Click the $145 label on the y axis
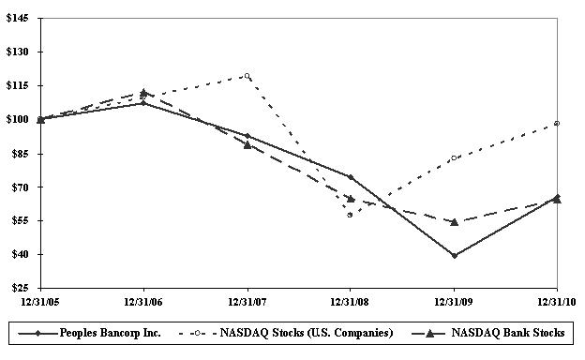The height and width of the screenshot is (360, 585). coord(17,18)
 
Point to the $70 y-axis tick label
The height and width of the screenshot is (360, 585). coord(20,187)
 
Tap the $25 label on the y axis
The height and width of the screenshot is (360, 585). coord(20,288)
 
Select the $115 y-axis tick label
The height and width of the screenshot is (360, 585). coord(17,86)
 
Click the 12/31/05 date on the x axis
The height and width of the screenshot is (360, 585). coord(40,302)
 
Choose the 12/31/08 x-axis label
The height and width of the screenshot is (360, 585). coord(350,302)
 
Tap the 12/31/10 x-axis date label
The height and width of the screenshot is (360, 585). coord(557,302)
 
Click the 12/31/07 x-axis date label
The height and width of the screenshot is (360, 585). coord(247,302)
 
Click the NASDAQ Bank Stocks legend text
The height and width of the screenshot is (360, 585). coord(508,333)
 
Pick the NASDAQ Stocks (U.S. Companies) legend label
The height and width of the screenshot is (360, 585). coord(307,333)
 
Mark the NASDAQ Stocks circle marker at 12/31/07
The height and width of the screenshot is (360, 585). coord(247,76)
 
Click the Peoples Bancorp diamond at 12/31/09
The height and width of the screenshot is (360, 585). coord(454,256)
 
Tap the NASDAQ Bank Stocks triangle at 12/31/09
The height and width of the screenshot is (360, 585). coord(454,222)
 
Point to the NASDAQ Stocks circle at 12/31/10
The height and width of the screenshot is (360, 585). coord(557,124)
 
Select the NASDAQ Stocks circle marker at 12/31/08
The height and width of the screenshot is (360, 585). coord(350,215)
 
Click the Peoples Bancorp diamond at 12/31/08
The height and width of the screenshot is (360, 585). coord(351,177)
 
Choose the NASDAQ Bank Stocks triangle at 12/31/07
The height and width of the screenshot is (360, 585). coord(247,145)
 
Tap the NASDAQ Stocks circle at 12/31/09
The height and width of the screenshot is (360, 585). coord(454,157)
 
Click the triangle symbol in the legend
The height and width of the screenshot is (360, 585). coord(429,333)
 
